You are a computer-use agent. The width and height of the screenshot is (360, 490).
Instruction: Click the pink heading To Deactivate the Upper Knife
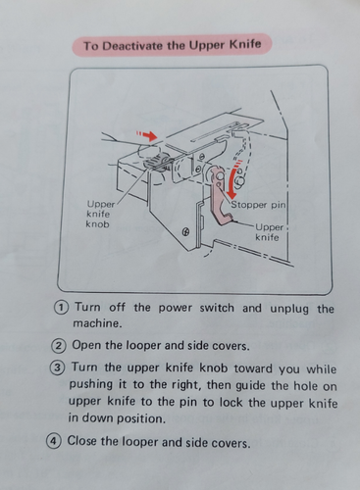point(172,45)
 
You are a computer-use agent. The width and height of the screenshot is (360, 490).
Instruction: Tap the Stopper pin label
point(258,205)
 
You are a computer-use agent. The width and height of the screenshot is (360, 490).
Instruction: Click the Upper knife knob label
point(99,215)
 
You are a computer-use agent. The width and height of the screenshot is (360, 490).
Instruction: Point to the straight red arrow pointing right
point(147,135)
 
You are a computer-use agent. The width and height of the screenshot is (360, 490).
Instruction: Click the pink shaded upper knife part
point(220,195)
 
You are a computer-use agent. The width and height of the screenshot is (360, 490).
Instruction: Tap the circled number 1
point(61,308)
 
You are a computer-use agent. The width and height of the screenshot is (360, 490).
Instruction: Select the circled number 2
point(58,346)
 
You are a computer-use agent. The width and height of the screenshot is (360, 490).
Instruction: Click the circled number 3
point(56,367)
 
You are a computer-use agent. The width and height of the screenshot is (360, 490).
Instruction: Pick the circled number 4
point(53,441)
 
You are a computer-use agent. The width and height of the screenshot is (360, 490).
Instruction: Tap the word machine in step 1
point(97,323)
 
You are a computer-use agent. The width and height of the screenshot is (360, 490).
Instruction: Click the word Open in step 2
point(86,345)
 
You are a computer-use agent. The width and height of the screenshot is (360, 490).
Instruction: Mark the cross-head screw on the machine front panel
point(186,232)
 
